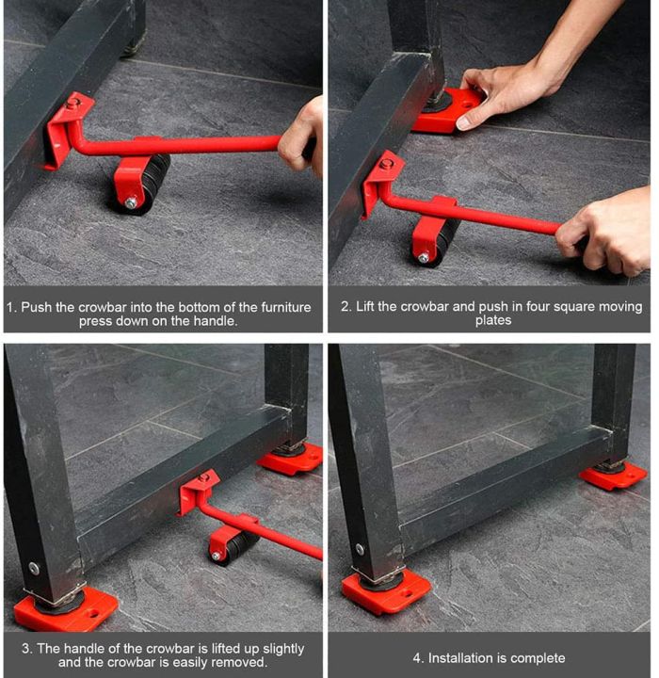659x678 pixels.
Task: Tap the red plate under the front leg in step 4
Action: click(x=386, y=590)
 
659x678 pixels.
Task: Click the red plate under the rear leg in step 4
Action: click(x=613, y=476)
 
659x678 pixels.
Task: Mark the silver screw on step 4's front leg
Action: click(x=358, y=548)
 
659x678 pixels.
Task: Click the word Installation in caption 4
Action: click(x=468, y=657)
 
